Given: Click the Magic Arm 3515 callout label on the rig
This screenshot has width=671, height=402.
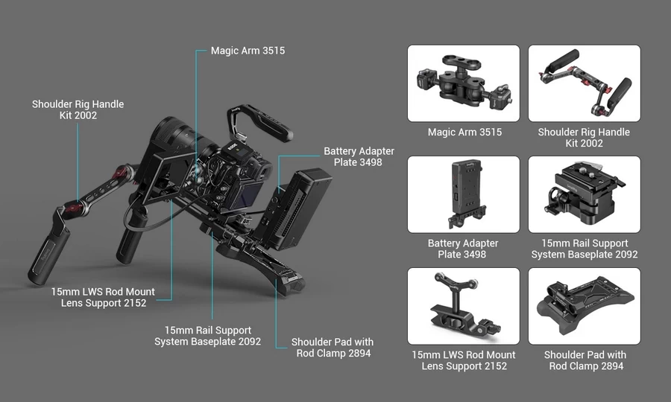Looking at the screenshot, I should [x=248, y=51].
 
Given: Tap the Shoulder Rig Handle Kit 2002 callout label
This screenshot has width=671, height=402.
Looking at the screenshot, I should [x=78, y=109].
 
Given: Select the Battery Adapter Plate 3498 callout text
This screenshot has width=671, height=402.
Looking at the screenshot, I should [x=359, y=156].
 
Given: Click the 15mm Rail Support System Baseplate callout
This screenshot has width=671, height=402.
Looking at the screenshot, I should [x=207, y=336].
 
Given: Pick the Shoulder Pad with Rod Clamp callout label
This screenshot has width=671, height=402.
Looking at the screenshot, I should [x=333, y=348].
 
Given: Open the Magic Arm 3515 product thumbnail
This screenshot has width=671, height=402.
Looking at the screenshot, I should [x=463, y=83].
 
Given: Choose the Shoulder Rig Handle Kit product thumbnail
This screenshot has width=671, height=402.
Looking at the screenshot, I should [x=584, y=83].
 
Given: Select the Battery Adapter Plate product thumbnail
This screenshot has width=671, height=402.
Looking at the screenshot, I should [x=463, y=194].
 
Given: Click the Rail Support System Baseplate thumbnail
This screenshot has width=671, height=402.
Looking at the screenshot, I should [x=584, y=194].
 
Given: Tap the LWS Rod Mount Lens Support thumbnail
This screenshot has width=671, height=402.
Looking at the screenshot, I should [x=463, y=306].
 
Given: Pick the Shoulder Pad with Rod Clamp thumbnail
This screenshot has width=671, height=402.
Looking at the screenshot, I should [x=584, y=306].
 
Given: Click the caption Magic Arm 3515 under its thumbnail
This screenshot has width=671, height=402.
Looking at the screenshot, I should [x=464, y=132].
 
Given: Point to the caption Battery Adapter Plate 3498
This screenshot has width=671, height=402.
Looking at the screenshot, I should [x=463, y=249].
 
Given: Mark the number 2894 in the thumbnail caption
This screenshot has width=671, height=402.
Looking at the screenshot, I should [x=606, y=366].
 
